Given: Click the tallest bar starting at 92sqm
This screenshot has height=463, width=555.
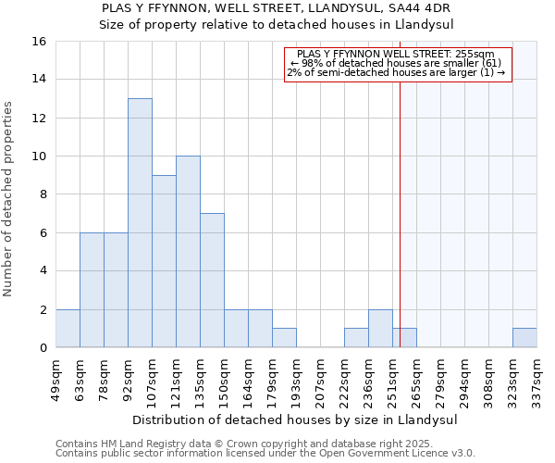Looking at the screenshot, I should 140,223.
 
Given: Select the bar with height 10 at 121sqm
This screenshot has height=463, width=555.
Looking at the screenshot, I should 188,252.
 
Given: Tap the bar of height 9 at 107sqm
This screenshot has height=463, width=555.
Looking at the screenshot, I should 164,261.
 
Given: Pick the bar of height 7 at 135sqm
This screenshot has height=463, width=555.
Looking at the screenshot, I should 212,281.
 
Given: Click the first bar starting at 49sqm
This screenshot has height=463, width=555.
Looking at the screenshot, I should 68,329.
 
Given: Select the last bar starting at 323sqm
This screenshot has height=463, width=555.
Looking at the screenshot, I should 524,338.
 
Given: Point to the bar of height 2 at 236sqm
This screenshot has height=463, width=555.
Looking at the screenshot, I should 380,329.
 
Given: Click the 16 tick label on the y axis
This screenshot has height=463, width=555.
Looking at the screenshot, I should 39,42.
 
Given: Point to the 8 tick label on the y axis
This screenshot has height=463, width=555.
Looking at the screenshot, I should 43,194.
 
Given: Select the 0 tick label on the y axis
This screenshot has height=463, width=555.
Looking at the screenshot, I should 43,348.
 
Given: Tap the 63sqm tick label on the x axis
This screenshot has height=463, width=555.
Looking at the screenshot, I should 80,379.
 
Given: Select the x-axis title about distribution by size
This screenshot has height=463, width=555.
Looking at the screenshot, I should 296,419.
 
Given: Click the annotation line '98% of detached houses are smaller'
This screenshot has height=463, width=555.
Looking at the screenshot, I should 398,63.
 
